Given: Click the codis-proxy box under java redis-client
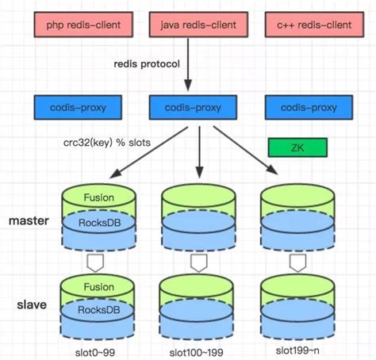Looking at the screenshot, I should click(x=194, y=106).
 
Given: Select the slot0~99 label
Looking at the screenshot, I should click(x=98, y=350).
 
